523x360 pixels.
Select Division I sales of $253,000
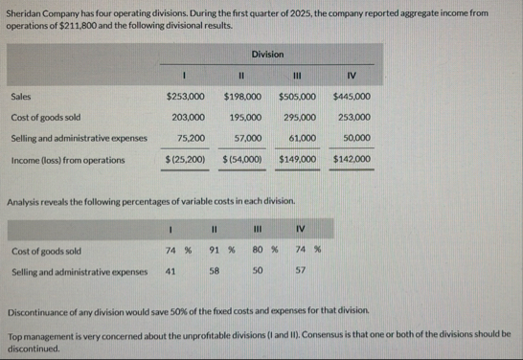(184, 97)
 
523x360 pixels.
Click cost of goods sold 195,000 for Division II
(247, 118)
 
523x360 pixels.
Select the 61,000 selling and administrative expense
(304, 139)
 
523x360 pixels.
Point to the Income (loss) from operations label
(67, 159)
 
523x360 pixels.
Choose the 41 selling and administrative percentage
(171, 271)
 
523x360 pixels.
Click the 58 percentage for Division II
(216, 271)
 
